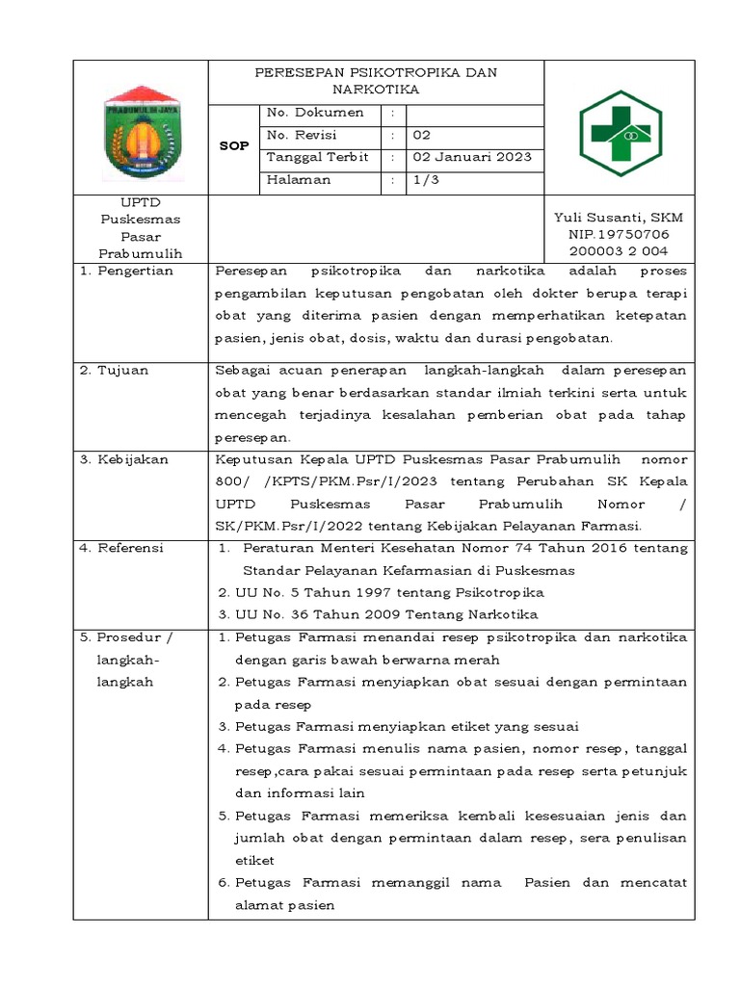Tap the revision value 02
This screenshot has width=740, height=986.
click(422, 135)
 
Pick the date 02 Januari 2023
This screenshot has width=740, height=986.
click(472, 157)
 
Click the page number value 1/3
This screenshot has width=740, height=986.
click(426, 179)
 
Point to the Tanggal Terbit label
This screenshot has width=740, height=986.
click(317, 157)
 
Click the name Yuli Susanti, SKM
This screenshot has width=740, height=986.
click(619, 219)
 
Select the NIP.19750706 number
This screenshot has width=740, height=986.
click(619, 235)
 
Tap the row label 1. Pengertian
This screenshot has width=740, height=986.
click(126, 271)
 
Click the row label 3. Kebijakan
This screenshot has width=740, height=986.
click(124, 459)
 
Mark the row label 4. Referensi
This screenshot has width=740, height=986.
click(121, 548)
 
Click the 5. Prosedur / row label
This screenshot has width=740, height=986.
click(126, 637)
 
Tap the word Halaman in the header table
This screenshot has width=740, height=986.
click(299, 179)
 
